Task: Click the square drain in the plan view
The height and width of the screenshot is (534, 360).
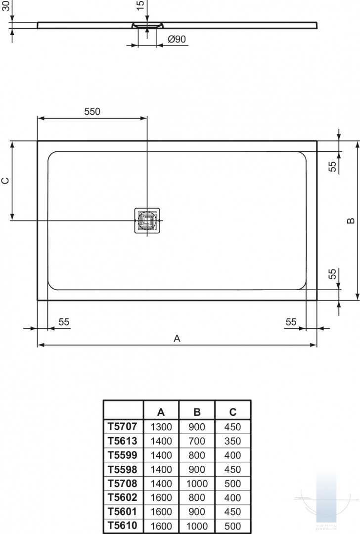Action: coord(147,221)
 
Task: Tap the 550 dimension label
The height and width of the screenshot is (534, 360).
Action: coord(92,111)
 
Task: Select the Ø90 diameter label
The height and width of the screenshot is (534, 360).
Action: coord(177,39)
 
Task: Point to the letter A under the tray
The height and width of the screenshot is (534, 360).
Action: coord(177,338)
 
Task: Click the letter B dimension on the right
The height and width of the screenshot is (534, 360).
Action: coord(351,221)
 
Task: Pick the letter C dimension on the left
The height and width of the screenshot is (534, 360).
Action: coord(6,180)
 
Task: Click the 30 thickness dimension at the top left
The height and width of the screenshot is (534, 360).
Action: coord(6,5)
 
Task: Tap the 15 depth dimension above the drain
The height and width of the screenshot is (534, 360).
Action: coord(140,5)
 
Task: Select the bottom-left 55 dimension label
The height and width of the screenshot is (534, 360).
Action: coord(64,322)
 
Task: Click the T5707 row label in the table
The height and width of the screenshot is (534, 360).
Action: coord(123,426)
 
